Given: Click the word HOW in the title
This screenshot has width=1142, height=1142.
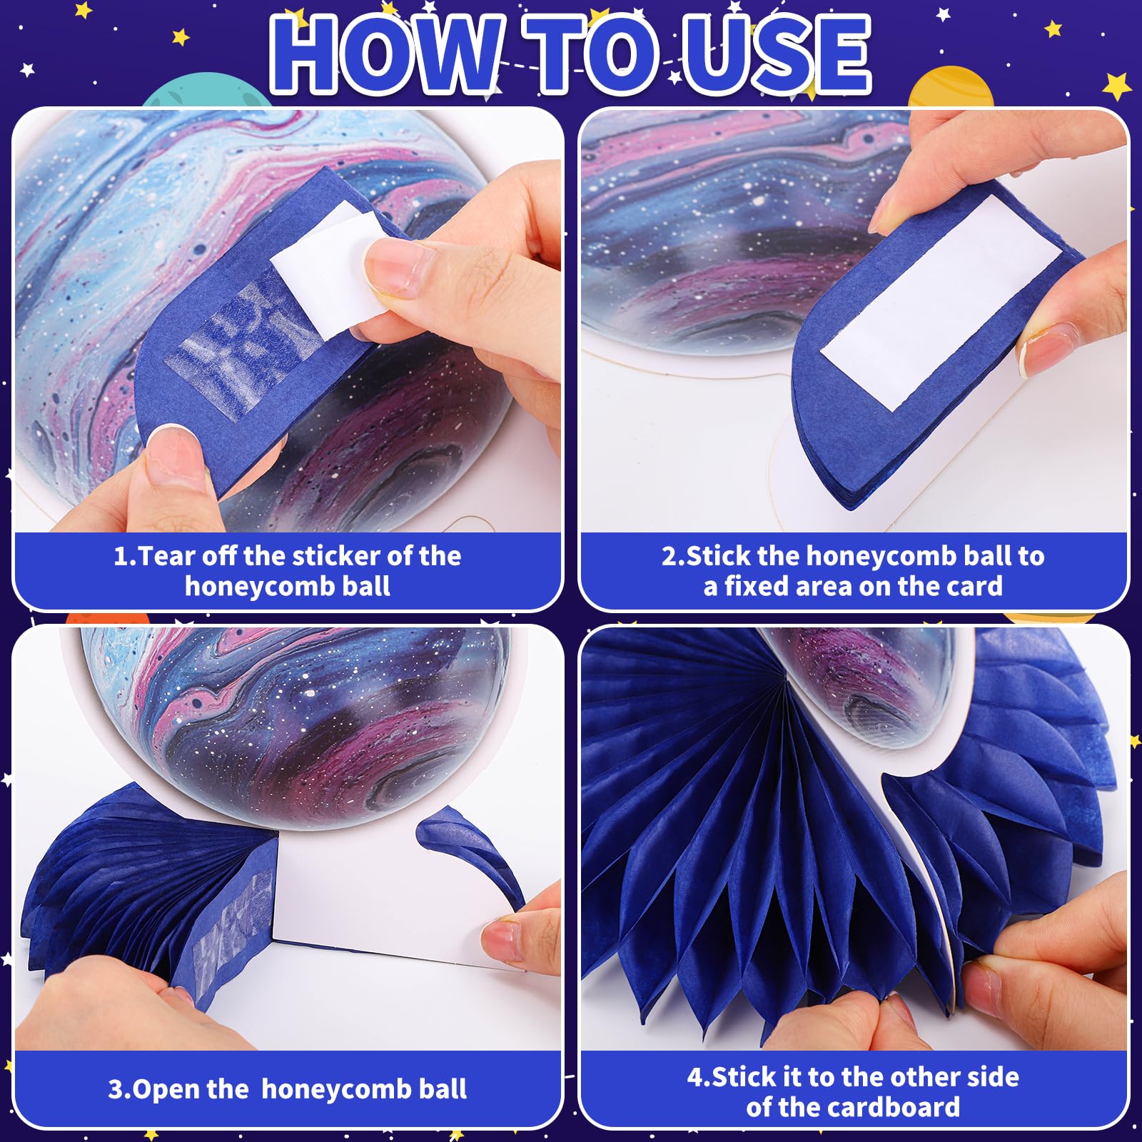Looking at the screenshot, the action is (385, 55).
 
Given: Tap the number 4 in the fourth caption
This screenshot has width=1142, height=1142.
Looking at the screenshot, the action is (695, 1077).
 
